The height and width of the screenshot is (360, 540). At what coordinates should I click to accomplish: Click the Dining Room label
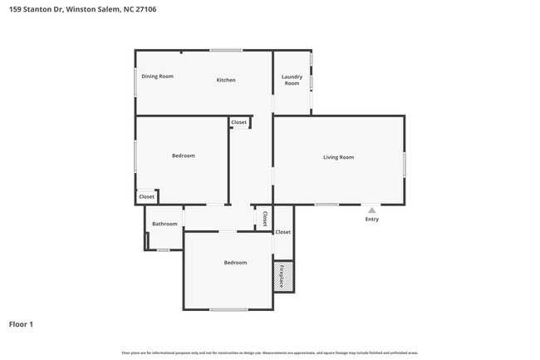(x=157, y=76)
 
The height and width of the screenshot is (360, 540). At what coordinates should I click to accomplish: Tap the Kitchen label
(x=226, y=80)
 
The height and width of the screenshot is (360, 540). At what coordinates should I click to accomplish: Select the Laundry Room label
(x=292, y=80)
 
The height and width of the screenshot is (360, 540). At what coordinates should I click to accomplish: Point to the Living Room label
(x=338, y=157)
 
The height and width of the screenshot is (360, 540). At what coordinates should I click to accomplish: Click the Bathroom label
(x=164, y=224)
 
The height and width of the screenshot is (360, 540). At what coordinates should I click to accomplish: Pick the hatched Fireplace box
(x=283, y=276)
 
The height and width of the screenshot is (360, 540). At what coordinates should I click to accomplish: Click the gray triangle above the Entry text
(x=371, y=211)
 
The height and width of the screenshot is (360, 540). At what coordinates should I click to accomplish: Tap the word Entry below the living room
(x=371, y=219)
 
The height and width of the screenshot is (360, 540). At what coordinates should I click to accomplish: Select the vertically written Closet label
(x=264, y=219)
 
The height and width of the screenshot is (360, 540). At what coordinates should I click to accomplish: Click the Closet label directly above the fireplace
(x=283, y=232)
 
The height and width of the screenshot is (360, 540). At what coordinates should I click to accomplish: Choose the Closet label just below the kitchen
(x=239, y=122)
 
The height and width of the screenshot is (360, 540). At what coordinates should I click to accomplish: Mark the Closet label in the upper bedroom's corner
(x=146, y=197)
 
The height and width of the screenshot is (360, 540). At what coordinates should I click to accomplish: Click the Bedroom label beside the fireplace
(x=235, y=263)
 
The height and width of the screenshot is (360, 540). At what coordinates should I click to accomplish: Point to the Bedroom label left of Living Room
(x=184, y=155)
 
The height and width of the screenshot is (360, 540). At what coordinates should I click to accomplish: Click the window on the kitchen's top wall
(x=226, y=51)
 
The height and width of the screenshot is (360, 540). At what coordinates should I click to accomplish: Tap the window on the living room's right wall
(x=405, y=164)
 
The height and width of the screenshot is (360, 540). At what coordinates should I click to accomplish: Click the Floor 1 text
(x=21, y=324)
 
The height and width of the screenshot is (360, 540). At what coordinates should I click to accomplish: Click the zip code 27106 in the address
(x=145, y=9)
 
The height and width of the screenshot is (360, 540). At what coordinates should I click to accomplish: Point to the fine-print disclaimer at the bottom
(x=270, y=353)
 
